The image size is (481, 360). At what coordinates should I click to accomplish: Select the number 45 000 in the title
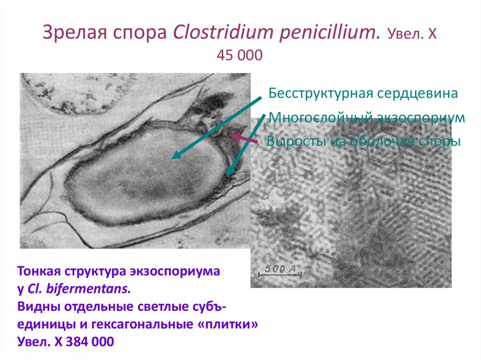coord(240,55)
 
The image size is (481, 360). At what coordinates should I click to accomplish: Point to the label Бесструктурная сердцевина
coord(363,93)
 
